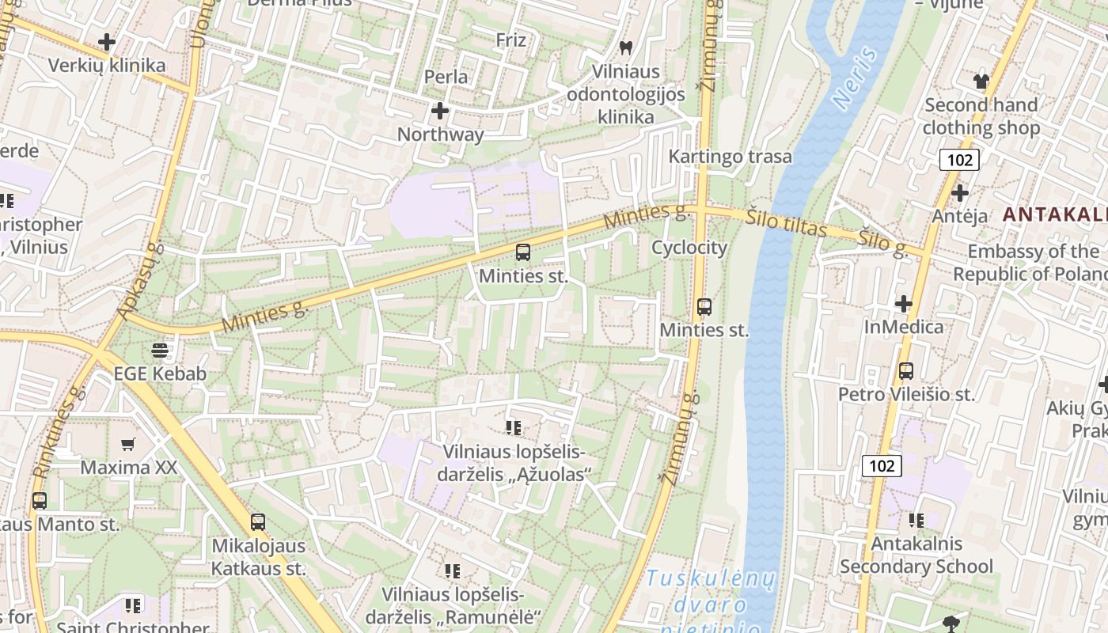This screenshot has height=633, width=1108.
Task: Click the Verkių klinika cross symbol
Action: coord(106,42)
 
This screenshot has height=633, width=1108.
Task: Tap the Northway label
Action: coord(440,134)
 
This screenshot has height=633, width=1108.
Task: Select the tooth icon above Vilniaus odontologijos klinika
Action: coord(626,47)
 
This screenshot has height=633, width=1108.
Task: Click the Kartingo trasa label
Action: coord(730,156)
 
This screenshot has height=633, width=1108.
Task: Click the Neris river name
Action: coord(856,78)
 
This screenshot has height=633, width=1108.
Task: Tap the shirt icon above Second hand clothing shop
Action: coord(981,81)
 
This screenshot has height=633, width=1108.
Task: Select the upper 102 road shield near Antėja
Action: coord(960,160)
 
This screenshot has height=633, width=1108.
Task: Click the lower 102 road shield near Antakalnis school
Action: coord(881,465)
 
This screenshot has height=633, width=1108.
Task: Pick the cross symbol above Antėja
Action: coord(960,192)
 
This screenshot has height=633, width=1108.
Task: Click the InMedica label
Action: coord(903,327)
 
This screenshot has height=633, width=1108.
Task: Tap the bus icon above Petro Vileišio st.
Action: coord(906,370)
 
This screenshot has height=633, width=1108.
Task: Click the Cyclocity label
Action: coord(689,248)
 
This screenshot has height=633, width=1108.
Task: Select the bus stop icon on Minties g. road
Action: coord(522,252)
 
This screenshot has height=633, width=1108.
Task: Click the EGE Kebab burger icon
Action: coord(160,350)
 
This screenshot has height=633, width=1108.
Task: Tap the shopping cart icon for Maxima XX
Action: coord(128,444)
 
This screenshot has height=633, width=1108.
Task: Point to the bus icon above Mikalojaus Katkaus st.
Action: coord(258,521)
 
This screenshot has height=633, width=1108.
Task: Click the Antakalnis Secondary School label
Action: coord(916,555)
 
